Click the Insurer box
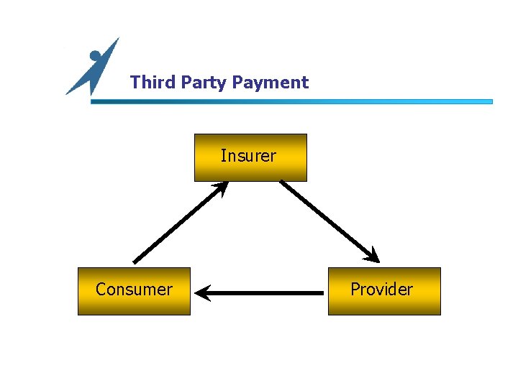click(250, 170)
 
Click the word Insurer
click(248, 156)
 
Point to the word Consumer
click(134, 290)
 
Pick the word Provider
click(381, 290)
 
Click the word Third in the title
click(153, 83)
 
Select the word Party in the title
click(204, 83)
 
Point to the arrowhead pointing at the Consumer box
click(203, 293)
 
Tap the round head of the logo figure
click(95, 55)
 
